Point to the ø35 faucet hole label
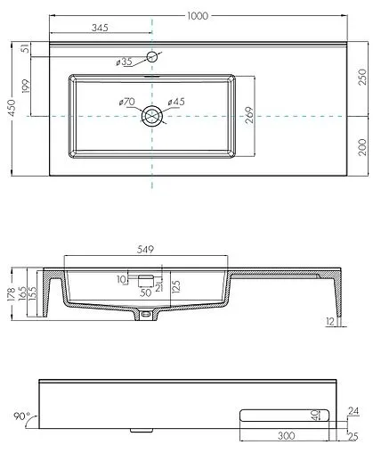tap(124, 62)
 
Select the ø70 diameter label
tap(126, 103)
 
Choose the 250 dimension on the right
tap(361, 79)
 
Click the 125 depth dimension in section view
tap(175, 285)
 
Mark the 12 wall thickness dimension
tap(329, 320)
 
